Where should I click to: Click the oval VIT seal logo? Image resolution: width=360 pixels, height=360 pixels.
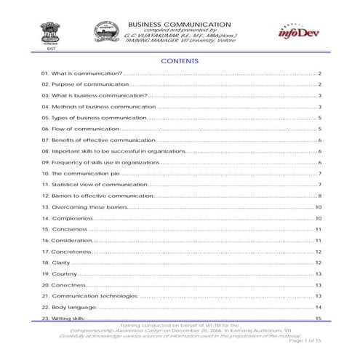[106, 32]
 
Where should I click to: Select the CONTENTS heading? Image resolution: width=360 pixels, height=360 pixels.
[179, 62]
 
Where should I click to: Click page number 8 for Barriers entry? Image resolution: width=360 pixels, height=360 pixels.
[320, 196]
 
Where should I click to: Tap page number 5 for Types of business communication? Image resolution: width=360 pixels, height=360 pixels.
[320, 117]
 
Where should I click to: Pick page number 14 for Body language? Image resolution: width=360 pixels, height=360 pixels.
[319, 307]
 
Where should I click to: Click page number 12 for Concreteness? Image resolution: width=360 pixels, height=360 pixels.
[319, 251]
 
